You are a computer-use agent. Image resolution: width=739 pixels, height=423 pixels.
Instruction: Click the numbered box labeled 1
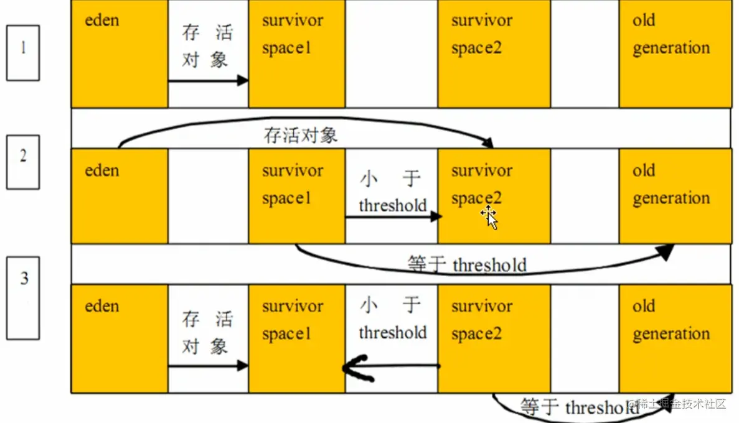tap(23, 53)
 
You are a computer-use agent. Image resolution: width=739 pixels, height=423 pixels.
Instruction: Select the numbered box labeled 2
tap(23, 162)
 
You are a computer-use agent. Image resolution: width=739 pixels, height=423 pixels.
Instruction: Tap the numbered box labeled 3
tap(23, 299)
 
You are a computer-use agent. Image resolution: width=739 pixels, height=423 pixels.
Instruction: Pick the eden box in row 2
tap(119, 195)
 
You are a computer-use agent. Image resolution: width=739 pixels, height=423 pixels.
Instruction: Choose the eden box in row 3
tap(119, 338)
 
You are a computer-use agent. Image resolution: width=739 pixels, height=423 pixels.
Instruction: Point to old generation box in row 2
tap(675, 195)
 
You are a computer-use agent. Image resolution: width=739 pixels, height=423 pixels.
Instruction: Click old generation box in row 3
tap(675, 338)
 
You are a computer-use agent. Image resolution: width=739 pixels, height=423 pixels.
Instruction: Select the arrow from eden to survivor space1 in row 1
tap(208, 80)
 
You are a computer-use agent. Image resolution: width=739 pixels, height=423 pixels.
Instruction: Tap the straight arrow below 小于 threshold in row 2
tap(393, 216)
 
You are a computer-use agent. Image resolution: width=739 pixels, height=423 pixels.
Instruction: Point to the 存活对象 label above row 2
tap(301, 136)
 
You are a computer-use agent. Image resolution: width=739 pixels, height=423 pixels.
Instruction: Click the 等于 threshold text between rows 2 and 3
tap(467, 265)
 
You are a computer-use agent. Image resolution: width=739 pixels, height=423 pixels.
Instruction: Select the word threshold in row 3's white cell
tap(392, 333)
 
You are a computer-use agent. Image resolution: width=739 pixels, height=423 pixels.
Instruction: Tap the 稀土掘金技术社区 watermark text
tap(681, 404)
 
